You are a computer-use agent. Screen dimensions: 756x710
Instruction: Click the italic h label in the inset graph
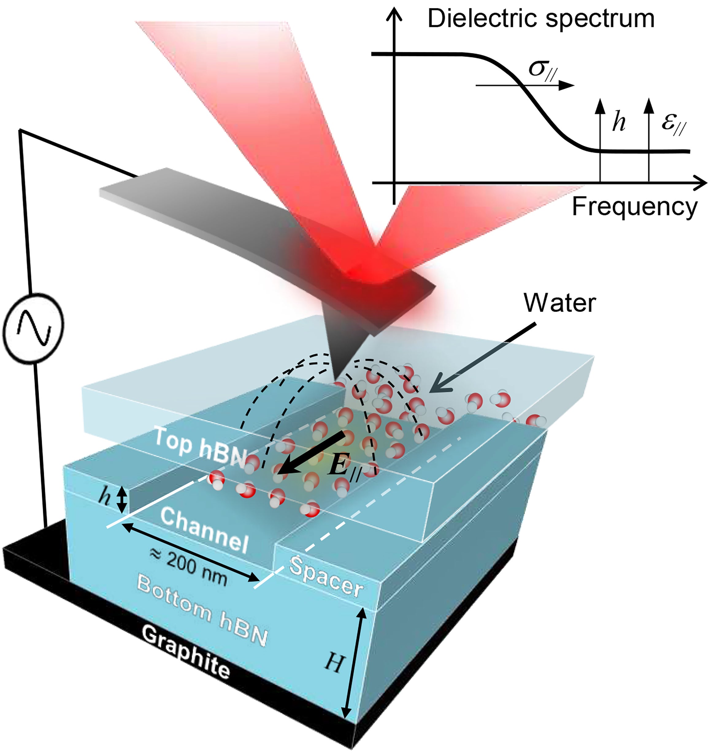(619, 122)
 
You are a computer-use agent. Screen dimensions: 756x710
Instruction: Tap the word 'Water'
(559, 303)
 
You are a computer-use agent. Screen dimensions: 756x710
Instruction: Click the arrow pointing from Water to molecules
(483, 356)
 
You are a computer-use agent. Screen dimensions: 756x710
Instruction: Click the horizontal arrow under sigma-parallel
(525, 86)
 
